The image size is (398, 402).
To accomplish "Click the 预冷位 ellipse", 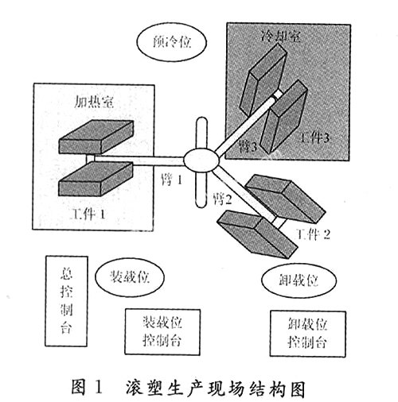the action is pyautogui.click(x=172, y=42).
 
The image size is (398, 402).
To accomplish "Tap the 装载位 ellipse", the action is pyautogui.click(x=130, y=276).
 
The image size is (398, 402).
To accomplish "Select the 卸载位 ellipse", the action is pyautogui.click(x=299, y=280).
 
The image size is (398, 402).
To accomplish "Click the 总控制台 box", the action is pyautogui.click(x=67, y=301).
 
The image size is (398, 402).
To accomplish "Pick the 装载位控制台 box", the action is pyautogui.click(x=162, y=331).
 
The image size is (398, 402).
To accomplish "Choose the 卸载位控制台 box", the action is pyautogui.click(x=308, y=334).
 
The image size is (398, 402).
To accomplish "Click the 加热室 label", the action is pyautogui.click(x=93, y=101).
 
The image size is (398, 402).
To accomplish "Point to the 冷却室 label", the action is pyautogui.click(x=281, y=37).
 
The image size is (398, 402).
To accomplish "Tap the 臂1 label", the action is pyautogui.click(x=172, y=180).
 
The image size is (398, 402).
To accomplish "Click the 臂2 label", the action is pyautogui.click(x=222, y=199).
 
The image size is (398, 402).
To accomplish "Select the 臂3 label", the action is pyautogui.click(x=248, y=146).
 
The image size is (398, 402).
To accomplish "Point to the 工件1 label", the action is pyautogui.click(x=88, y=214).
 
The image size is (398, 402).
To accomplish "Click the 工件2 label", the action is pyautogui.click(x=313, y=234).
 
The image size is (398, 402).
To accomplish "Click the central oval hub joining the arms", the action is pyautogui.click(x=201, y=160).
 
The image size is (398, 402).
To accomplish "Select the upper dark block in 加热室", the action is pyautogui.click(x=96, y=137).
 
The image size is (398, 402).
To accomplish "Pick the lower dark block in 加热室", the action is pyautogui.click(x=96, y=179).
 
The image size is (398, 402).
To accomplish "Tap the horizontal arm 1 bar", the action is pyautogui.click(x=139, y=160).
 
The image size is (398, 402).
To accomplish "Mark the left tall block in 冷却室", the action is pyautogui.click(x=263, y=79).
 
